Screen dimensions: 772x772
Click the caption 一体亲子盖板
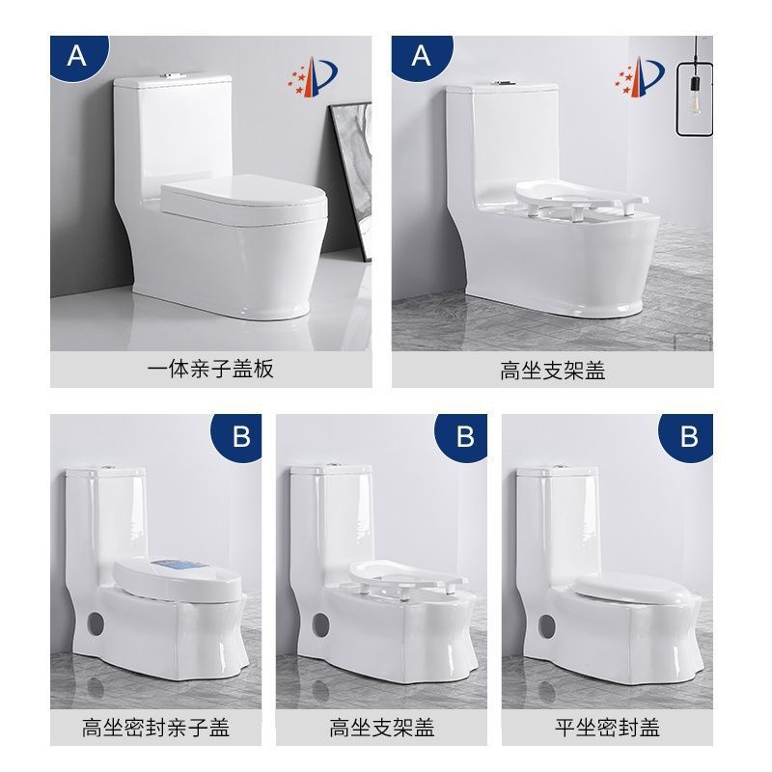coord(210,370)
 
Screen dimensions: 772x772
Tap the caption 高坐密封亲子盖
coord(156,726)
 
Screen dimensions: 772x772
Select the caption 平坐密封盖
coord(606,726)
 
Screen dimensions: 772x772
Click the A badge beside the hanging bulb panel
coord(422,56)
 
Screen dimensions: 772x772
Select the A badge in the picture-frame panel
coord(76,56)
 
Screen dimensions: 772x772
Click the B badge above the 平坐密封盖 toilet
coord(688,436)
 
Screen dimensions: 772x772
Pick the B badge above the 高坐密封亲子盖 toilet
coord(240,436)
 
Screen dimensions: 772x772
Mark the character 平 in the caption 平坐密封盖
coord(565,726)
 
